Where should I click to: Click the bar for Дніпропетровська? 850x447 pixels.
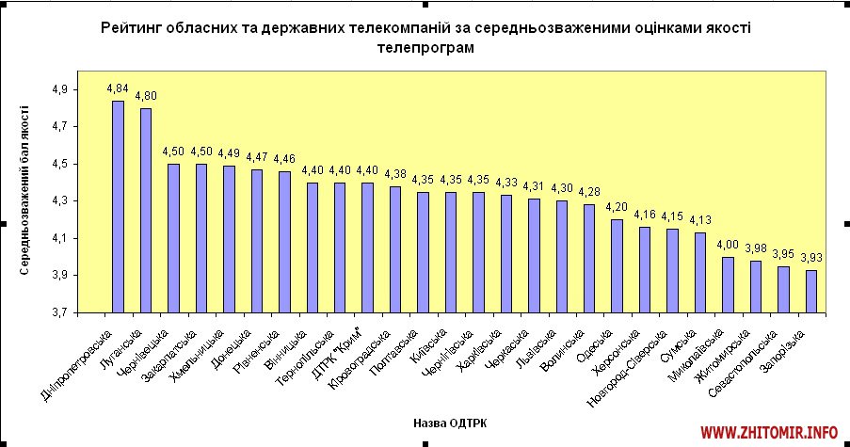pos(118,206)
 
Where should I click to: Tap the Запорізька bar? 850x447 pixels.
pos(811,291)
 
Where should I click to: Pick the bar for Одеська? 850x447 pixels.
pos(617,265)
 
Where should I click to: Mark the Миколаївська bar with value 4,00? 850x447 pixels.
pos(728,284)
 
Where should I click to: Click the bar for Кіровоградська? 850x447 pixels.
pos(395,248)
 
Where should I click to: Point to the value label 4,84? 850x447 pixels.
pos(118,88)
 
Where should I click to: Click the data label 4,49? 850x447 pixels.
pos(229,153)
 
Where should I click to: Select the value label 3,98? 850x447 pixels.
pos(756,248)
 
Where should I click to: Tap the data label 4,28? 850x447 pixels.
pos(589,193)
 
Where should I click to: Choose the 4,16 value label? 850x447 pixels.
pos(645,215)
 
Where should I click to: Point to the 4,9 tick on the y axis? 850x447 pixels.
pos(60,89)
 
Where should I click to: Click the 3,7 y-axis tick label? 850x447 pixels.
pos(60,312)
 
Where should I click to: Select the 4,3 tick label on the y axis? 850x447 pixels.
pos(60,200)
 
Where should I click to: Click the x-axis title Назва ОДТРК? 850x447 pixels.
pos(450,422)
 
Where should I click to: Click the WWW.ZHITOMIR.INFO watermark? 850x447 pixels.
pos(769,432)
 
